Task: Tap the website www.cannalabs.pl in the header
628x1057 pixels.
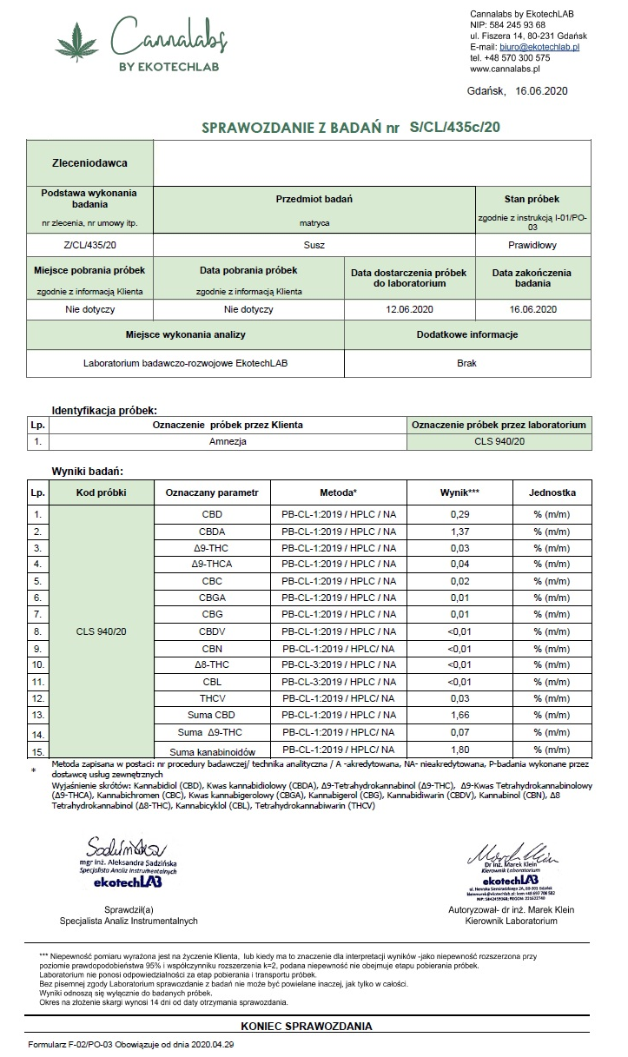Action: click(x=506, y=68)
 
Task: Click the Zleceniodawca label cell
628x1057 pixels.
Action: click(x=90, y=162)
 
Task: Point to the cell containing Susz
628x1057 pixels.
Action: click(x=314, y=245)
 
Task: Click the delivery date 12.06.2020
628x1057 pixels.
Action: click(x=409, y=308)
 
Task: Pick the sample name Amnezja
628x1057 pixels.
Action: click(x=228, y=441)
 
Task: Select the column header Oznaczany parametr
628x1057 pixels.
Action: click(x=212, y=492)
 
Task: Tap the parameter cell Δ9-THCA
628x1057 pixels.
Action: click(x=212, y=564)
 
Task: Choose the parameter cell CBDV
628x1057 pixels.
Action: click(x=212, y=631)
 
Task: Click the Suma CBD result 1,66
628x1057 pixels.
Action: click(x=459, y=715)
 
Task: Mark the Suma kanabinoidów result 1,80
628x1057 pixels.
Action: click(x=459, y=749)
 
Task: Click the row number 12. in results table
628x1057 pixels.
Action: click(x=37, y=697)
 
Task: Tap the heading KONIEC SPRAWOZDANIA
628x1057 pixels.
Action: click(x=307, y=1026)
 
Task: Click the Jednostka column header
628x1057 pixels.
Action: click(x=552, y=492)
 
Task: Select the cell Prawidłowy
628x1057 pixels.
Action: click(x=532, y=245)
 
